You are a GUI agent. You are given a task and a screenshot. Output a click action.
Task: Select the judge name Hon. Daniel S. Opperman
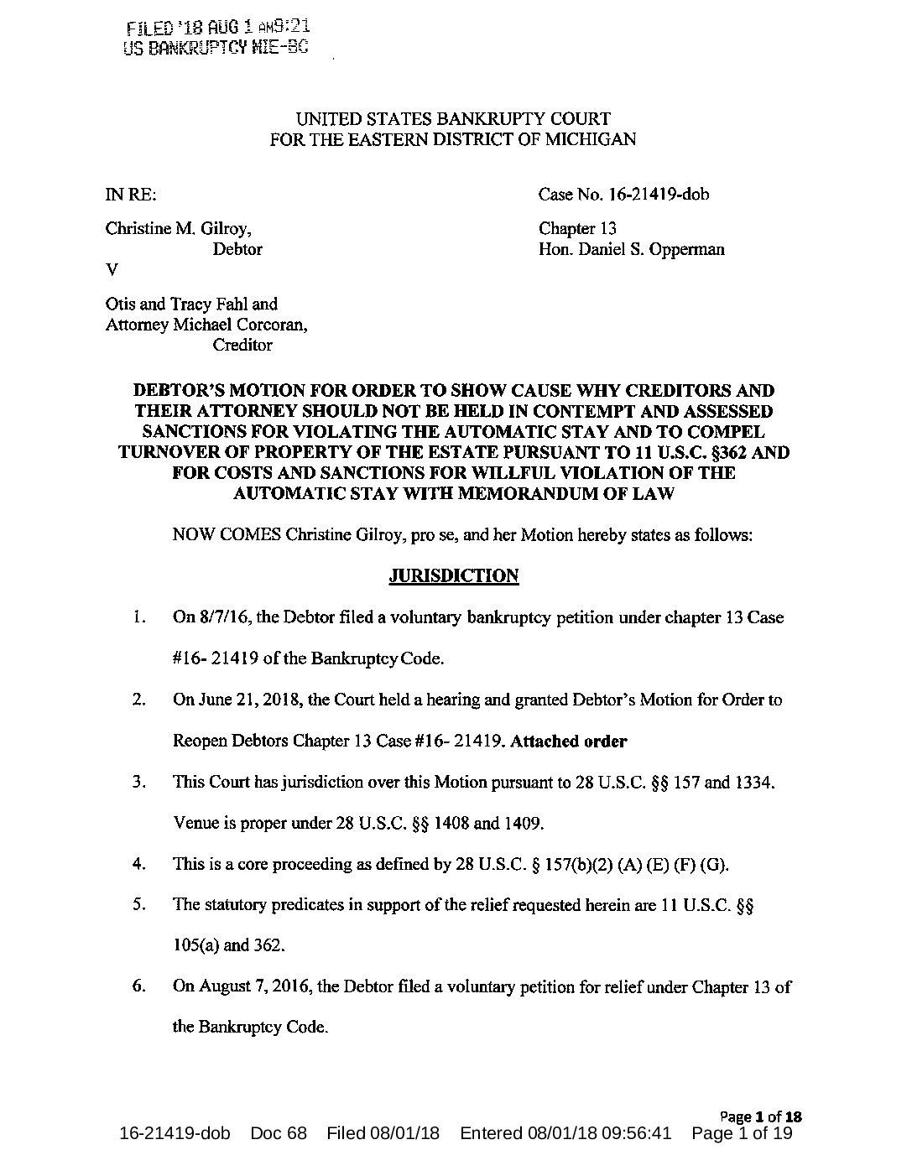(632, 250)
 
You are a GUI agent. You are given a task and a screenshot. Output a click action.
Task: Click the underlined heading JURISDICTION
(454, 575)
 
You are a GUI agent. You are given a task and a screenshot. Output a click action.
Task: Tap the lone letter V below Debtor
(110, 270)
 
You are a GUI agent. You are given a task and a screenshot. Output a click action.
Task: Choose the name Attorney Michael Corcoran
(206, 325)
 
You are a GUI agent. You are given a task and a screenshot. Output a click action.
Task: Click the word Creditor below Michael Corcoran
(242, 345)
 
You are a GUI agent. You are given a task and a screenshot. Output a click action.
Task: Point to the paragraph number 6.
(139, 986)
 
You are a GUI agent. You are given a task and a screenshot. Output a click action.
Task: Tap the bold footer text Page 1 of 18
(762, 1116)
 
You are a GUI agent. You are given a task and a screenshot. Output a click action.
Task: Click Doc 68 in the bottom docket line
(279, 1134)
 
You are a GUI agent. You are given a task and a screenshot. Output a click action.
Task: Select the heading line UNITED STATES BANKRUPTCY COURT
(454, 120)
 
